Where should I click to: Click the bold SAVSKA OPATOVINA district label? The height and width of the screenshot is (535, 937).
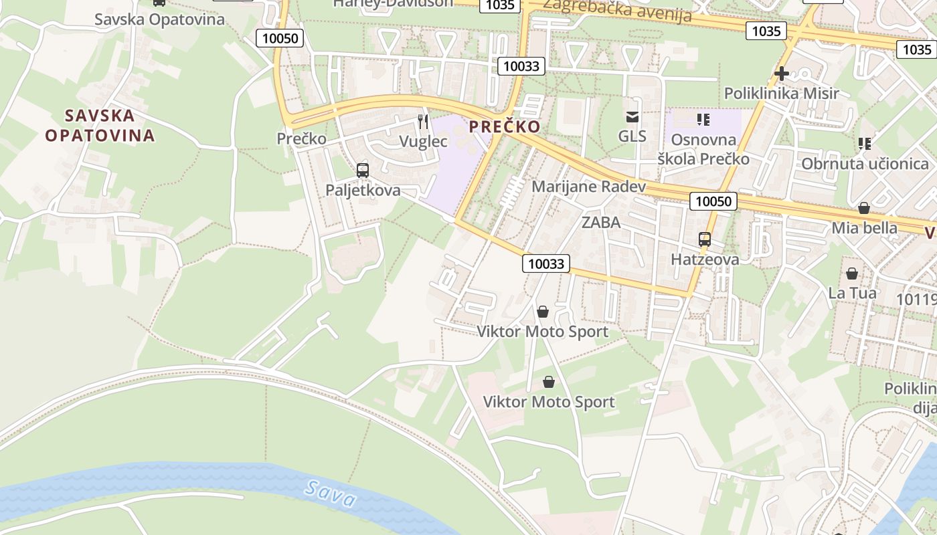point(100,125)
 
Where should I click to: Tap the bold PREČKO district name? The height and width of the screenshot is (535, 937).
point(505,126)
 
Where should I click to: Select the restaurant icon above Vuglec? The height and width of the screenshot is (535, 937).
point(423,121)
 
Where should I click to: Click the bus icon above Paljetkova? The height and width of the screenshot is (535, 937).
point(363,171)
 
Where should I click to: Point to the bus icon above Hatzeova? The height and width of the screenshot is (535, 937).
point(705,239)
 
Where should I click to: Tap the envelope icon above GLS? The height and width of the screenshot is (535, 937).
point(632,117)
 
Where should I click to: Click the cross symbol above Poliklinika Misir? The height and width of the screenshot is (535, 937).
point(781,74)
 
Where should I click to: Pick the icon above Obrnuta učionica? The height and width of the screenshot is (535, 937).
point(865,144)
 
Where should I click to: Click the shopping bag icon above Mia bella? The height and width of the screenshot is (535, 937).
point(864,208)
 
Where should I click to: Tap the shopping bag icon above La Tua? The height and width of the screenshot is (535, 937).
point(852,274)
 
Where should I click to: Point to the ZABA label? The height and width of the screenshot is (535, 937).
point(601,222)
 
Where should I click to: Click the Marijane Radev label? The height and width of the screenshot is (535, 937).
point(588,187)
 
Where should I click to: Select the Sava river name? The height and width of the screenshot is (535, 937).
point(329,493)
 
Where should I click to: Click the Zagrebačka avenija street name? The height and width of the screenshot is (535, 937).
point(616,11)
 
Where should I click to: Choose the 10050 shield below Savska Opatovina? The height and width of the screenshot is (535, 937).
point(280,38)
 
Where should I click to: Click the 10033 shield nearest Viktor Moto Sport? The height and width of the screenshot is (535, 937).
point(546,263)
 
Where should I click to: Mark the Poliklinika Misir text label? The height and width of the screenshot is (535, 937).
point(781,93)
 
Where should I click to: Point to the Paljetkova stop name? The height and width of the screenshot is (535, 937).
point(363,190)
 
